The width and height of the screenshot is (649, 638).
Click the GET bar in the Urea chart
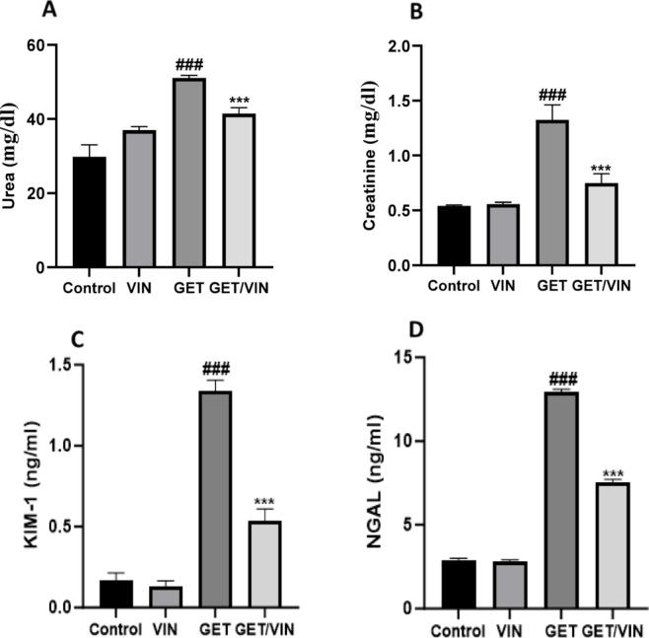[188, 173]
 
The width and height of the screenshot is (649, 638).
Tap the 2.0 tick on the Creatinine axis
[397, 46]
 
